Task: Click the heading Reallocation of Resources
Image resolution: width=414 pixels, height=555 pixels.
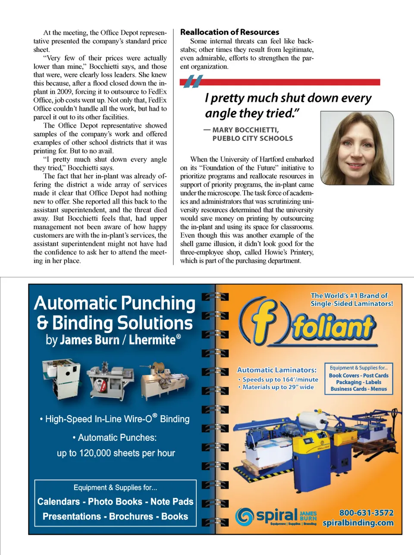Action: click(x=229, y=32)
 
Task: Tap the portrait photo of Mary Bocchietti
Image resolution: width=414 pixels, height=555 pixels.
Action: click(x=357, y=148)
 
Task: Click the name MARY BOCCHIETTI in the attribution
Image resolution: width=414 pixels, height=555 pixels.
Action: click(x=245, y=130)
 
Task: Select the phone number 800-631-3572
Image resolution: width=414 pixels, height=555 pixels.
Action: click(x=366, y=513)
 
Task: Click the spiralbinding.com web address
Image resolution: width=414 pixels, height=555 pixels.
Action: click(x=358, y=523)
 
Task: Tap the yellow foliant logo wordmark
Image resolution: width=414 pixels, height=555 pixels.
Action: click(x=332, y=326)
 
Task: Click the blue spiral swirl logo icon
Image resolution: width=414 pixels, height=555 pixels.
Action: click(x=244, y=516)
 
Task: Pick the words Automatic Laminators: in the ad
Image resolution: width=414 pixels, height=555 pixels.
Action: click(x=276, y=370)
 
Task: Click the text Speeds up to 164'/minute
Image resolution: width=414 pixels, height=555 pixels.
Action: click(x=280, y=379)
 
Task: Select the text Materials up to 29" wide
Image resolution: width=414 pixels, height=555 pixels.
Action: click(x=278, y=387)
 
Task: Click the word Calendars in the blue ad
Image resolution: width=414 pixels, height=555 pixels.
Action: click(x=59, y=502)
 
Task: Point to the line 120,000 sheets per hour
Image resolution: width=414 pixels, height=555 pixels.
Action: click(x=127, y=453)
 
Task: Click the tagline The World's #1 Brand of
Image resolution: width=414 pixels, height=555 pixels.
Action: click(x=349, y=296)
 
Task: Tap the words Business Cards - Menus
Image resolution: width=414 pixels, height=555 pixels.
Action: click(x=358, y=389)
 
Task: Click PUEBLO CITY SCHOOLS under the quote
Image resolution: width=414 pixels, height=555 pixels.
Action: click(x=252, y=138)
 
